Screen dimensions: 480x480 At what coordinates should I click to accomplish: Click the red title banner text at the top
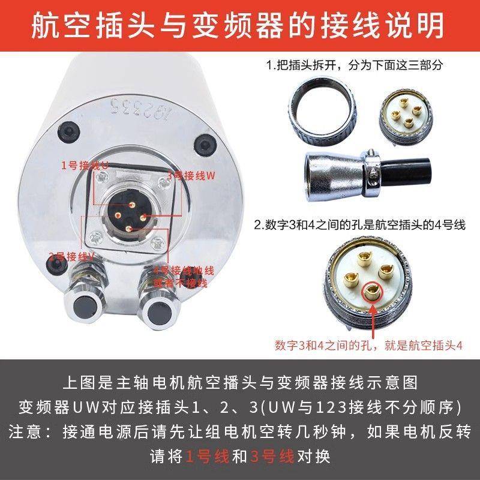pos(240,25)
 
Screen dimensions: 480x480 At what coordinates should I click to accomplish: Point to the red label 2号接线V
pos(72,256)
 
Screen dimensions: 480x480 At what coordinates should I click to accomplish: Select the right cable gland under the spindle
pos(158,305)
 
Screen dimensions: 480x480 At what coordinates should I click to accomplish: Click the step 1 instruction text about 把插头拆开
pos(354,65)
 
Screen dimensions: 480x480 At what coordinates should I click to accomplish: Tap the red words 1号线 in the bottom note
pos(208,457)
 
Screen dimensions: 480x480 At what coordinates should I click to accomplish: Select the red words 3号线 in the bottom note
pos(272,457)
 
